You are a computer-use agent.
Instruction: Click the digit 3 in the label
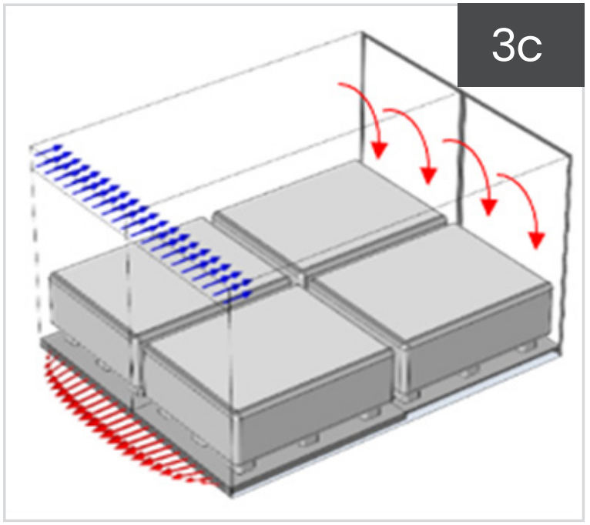pyautogui.click(x=505, y=45)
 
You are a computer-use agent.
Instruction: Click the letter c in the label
pyautogui.click(x=531, y=49)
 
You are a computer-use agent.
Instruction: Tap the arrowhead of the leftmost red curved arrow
pyautogui.click(x=379, y=150)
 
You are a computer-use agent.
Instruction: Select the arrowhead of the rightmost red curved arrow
pyautogui.click(x=537, y=241)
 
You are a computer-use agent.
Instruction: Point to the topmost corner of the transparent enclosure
pyautogui.click(x=362, y=33)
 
